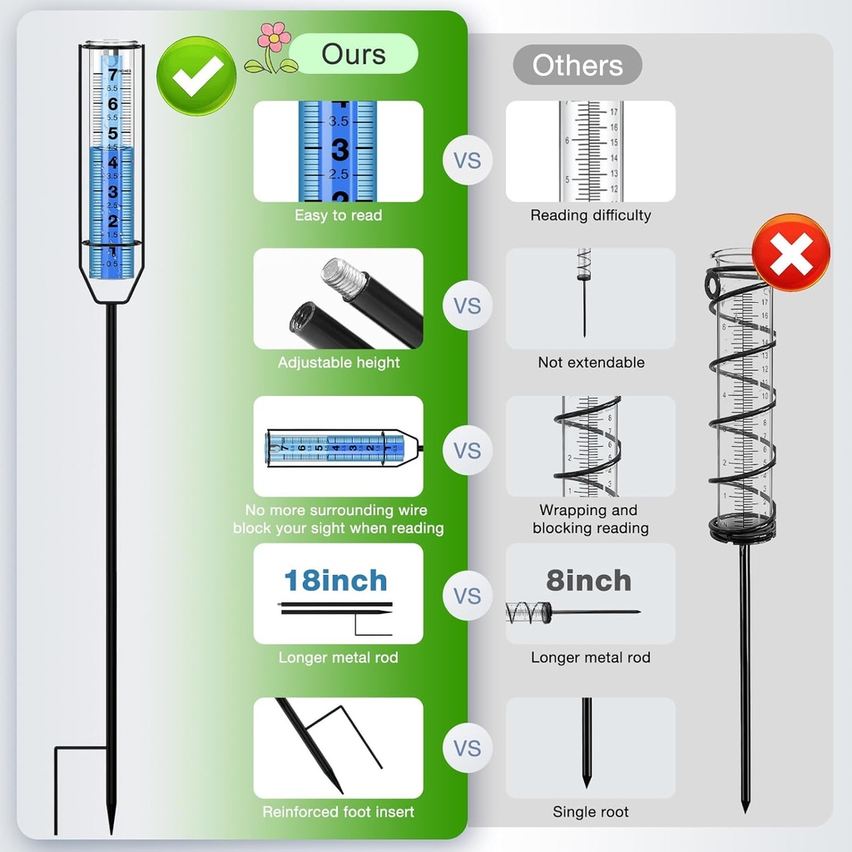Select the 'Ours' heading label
click(354, 55)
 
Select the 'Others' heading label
click(577, 66)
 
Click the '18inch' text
click(335, 580)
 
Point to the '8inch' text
click(588, 580)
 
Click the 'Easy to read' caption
click(338, 215)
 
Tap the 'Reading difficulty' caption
click(590, 215)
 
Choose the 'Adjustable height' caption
click(338, 363)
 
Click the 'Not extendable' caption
click(590, 363)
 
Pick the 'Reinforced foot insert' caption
click(338, 812)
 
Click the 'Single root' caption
click(590, 812)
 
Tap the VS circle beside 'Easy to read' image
click(467, 160)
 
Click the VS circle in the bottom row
click(467, 748)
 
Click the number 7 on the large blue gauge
click(112, 76)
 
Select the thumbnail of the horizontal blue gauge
click(338, 447)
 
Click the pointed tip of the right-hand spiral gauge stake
click(745, 809)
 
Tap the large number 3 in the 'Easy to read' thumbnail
click(339, 151)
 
